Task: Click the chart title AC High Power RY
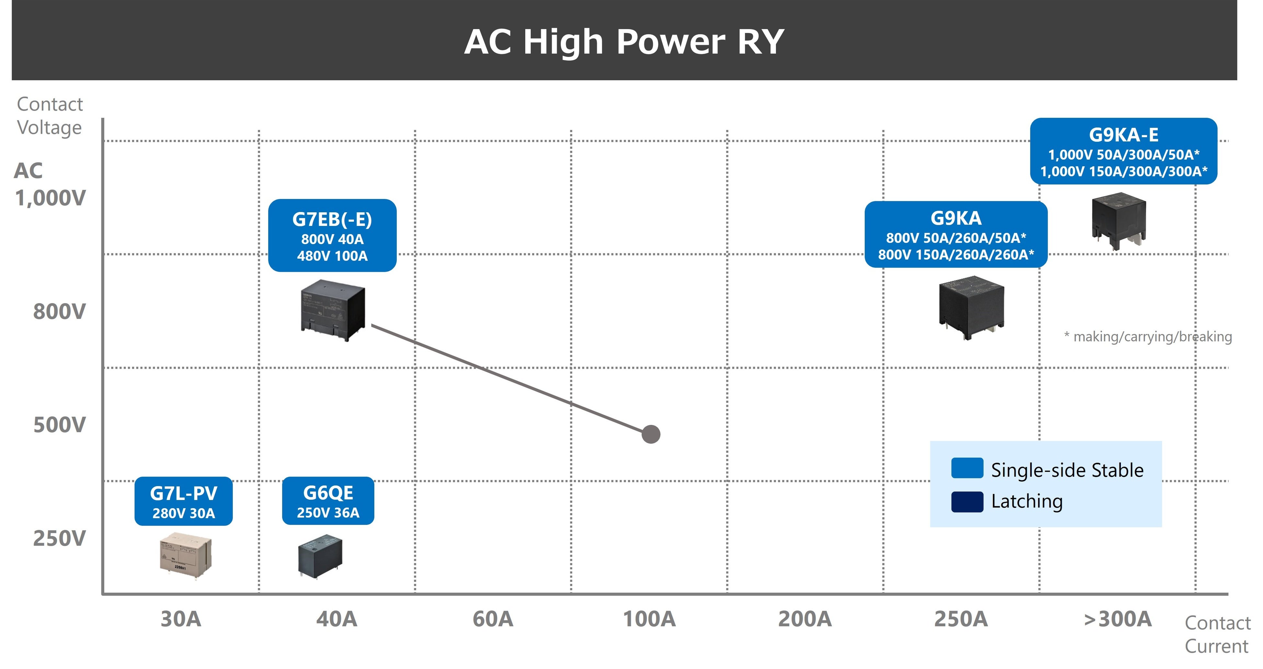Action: [624, 42]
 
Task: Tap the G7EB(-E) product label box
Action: [332, 235]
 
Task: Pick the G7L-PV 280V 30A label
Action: [183, 501]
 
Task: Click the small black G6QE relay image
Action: [320, 556]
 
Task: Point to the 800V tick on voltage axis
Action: [59, 312]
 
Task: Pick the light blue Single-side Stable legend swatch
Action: [967, 468]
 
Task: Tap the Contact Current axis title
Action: [1217, 635]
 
